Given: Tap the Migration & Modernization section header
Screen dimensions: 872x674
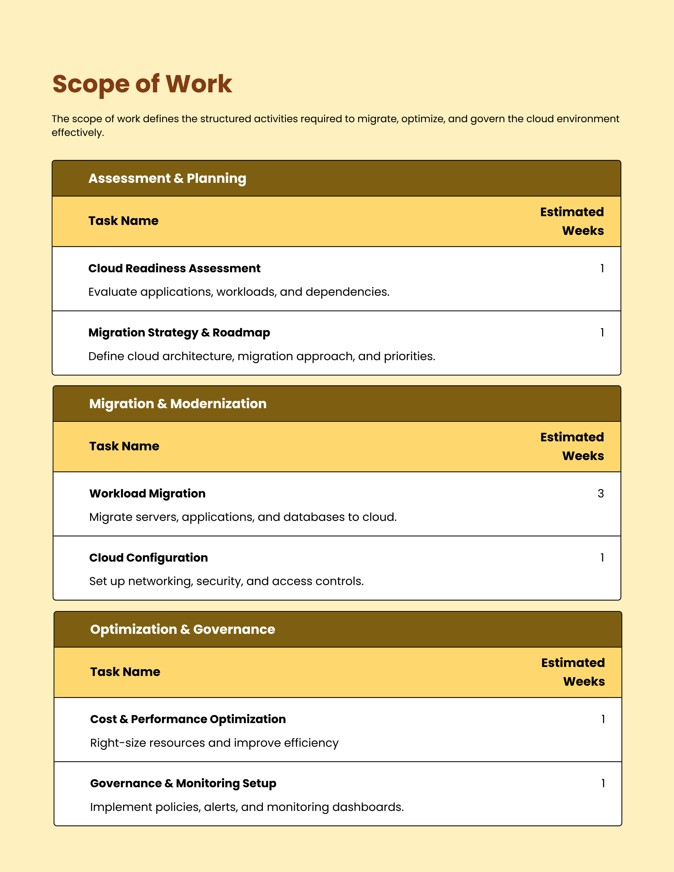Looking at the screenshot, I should [x=178, y=404].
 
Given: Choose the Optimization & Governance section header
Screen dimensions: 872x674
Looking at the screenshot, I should [x=183, y=629].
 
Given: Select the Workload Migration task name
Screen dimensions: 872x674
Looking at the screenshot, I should [x=147, y=493].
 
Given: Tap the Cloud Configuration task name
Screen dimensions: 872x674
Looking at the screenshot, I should [x=148, y=558].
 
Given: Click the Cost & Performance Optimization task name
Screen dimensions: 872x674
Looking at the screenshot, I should [x=188, y=719].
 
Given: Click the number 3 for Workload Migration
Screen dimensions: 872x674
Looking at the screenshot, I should [x=601, y=493].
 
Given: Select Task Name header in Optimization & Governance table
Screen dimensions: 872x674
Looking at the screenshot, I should [x=125, y=672].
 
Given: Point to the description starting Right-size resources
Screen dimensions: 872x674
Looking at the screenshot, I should [x=214, y=743].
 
